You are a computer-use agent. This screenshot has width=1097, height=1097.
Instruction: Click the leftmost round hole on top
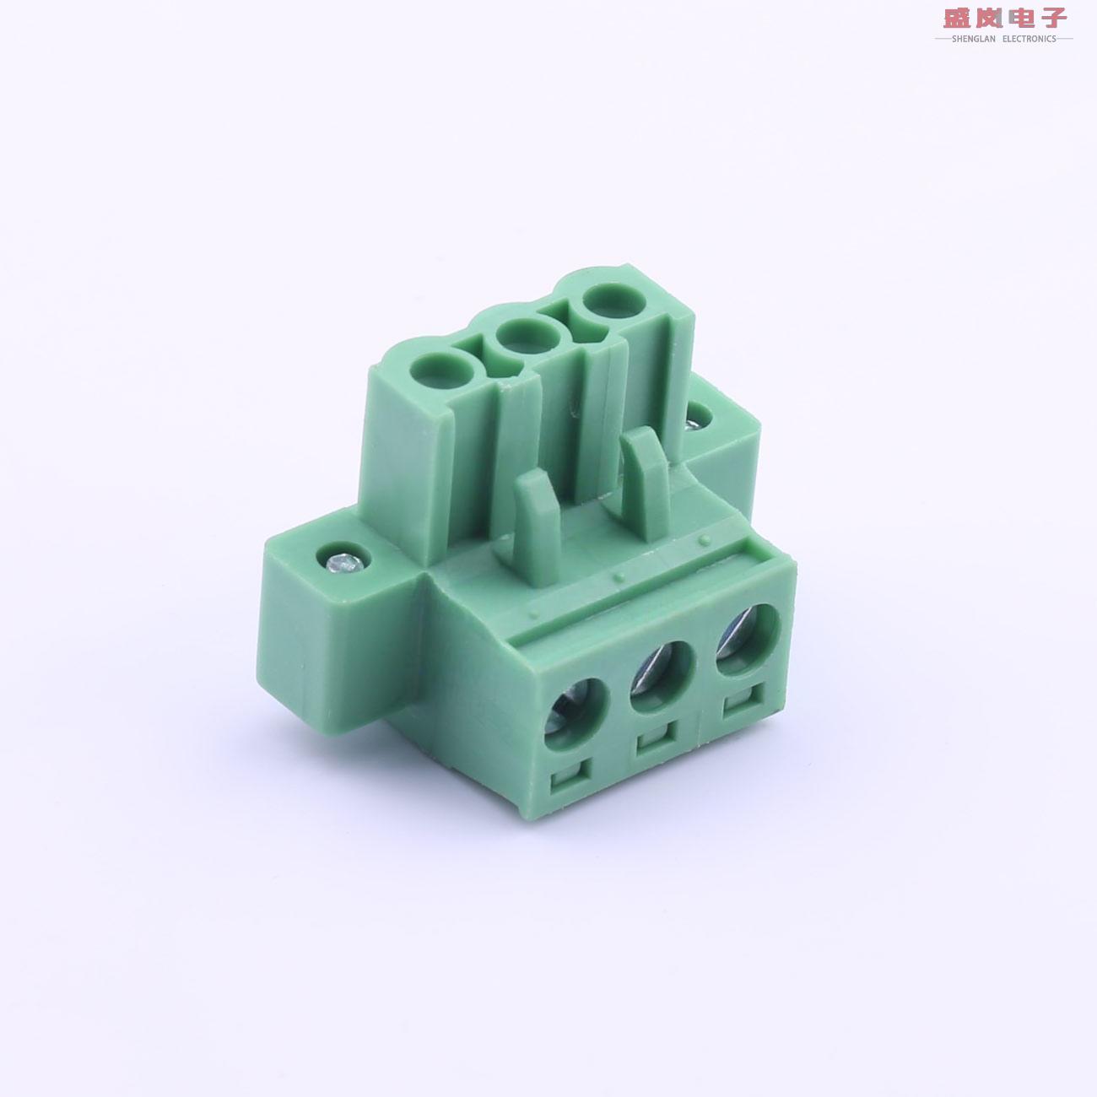[441, 370]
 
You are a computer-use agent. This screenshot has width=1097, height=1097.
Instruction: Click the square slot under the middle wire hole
[654, 741]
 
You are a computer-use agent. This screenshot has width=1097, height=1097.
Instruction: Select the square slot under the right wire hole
[739, 702]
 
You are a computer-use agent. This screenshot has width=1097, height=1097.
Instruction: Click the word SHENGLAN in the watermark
[974, 39]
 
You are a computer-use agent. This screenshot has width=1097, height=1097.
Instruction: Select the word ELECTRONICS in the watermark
[1029, 39]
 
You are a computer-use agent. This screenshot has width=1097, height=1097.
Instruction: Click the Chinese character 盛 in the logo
[957, 18]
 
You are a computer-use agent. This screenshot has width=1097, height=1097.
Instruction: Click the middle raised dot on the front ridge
[619, 576]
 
